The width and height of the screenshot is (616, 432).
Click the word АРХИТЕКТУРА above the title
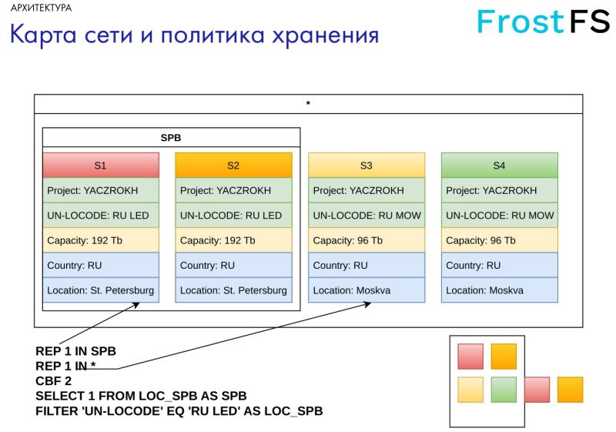(x=42, y=8)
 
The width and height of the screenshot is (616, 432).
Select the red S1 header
(x=101, y=165)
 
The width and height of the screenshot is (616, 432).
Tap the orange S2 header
(x=233, y=165)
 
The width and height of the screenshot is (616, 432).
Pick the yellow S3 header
(x=367, y=165)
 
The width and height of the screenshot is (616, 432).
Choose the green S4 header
(x=499, y=165)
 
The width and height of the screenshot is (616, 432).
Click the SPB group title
(x=171, y=138)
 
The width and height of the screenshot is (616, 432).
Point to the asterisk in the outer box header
(x=308, y=104)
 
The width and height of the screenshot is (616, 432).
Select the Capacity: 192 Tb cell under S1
(x=101, y=240)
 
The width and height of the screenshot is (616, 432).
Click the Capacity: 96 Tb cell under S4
(x=499, y=240)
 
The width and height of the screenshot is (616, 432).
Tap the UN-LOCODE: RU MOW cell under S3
(x=367, y=216)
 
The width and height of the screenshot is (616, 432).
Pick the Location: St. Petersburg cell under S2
(x=233, y=290)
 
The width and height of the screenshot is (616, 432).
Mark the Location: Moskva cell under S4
(x=499, y=290)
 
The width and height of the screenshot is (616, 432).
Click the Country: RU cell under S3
(x=367, y=265)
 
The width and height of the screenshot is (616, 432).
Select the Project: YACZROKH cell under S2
(x=233, y=190)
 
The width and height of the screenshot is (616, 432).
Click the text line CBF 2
(x=54, y=381)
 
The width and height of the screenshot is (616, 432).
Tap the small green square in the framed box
(x=504, y=390)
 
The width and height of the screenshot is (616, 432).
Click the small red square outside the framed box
(x=537, y=390)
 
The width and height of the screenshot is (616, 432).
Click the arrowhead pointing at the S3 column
(x=367, y=303)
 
